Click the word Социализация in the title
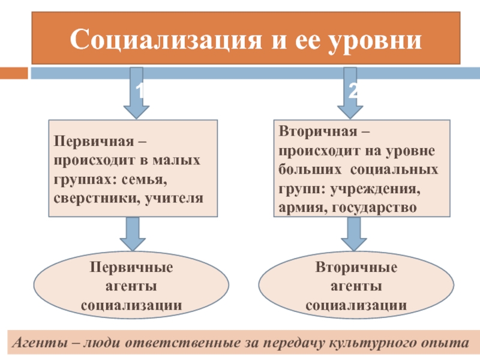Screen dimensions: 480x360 (x=166, y=40)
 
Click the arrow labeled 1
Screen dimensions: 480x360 (x=137, y=93)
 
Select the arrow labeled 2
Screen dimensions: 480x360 (x=350, y=93)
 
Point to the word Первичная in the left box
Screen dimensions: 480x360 (x=94, y=142)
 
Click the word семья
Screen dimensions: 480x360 (x=144, y=179)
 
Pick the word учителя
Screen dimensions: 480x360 (x=174, y=199)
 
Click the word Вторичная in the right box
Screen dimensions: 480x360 (x=318, y=131)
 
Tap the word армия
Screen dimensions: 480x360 (x=303, y=208)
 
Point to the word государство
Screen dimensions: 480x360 (x=374, y=208)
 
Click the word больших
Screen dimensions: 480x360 (x=310, y=170)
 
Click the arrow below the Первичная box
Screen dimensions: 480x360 (x=133, y=234)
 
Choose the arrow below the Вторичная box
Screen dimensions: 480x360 (x=354, y=234)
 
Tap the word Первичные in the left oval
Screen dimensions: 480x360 (x=131, y=268)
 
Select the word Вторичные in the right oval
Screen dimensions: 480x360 (x=356, y=268)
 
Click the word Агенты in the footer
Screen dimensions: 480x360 (x=40, y=343)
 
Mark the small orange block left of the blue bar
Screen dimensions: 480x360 (x=14, y=73)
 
